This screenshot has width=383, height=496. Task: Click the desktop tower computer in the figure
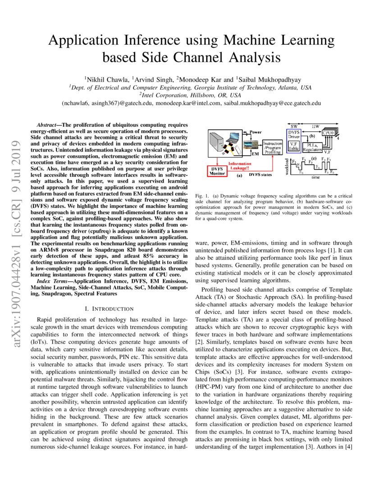216,140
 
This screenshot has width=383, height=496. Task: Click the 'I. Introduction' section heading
109,309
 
